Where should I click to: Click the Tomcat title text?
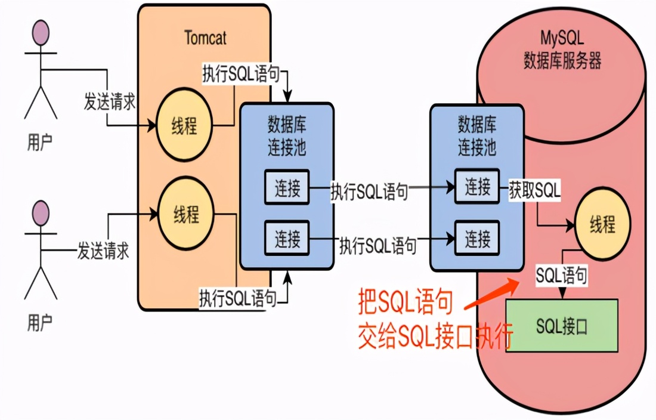pos(206,39)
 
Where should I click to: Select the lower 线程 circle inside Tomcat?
pos(185,214)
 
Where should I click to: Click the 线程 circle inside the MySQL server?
pos(602,226)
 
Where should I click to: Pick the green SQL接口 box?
pos(562,326)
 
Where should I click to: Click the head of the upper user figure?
pos(41,33)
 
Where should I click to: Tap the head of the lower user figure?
pos(41,213)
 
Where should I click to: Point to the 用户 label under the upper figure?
pos(40,142)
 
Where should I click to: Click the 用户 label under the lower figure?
pos(40,323)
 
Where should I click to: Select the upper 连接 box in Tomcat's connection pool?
pos(287,189)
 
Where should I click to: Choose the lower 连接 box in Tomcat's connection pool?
pos(287,239)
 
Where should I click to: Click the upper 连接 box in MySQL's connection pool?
pos(478,187)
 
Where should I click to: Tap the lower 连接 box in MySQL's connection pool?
pos(478,239)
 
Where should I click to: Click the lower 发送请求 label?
pos(103,251)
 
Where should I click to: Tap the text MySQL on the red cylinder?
pos(562,40)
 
